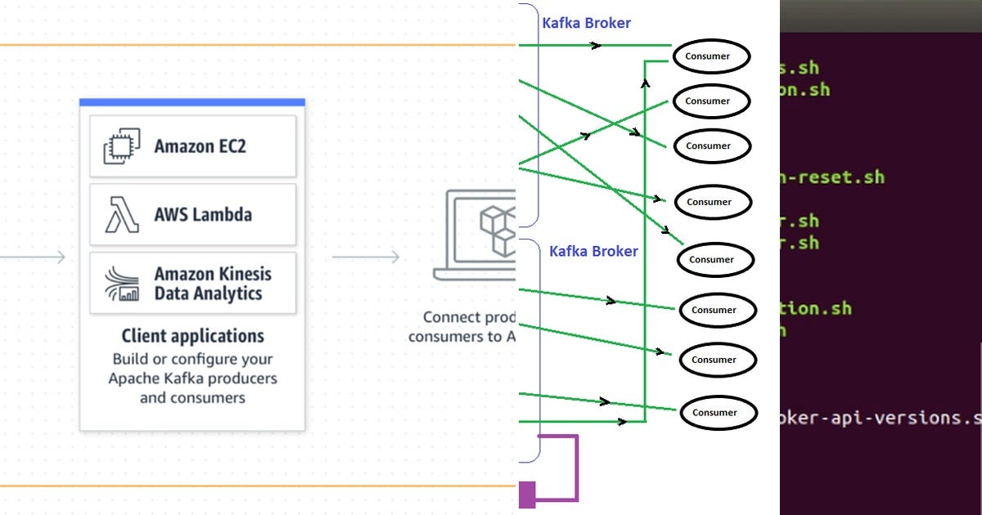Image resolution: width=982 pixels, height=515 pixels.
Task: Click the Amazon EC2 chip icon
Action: pos(117,147)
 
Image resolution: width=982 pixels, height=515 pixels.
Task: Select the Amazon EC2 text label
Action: pos(200,147)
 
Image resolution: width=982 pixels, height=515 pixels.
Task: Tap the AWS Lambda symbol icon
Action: pos(121,215)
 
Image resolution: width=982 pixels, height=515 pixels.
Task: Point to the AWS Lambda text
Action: pos(203,215)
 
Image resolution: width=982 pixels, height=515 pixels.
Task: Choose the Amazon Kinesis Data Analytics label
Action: pos(213,284)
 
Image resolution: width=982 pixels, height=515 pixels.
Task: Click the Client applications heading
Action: pos(192,336)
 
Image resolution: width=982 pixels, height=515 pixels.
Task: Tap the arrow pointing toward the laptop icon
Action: pos(366,257)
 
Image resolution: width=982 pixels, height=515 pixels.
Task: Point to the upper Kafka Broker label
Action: pos(586,23)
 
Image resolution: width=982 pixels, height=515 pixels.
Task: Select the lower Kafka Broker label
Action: pos(593,251)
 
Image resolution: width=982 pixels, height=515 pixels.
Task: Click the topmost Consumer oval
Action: pos(712,56)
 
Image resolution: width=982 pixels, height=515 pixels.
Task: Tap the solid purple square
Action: pos(527,494)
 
